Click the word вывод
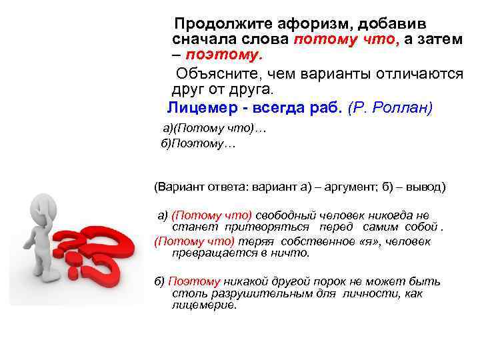[x=423, y=187]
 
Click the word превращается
[x=196, y=253]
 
